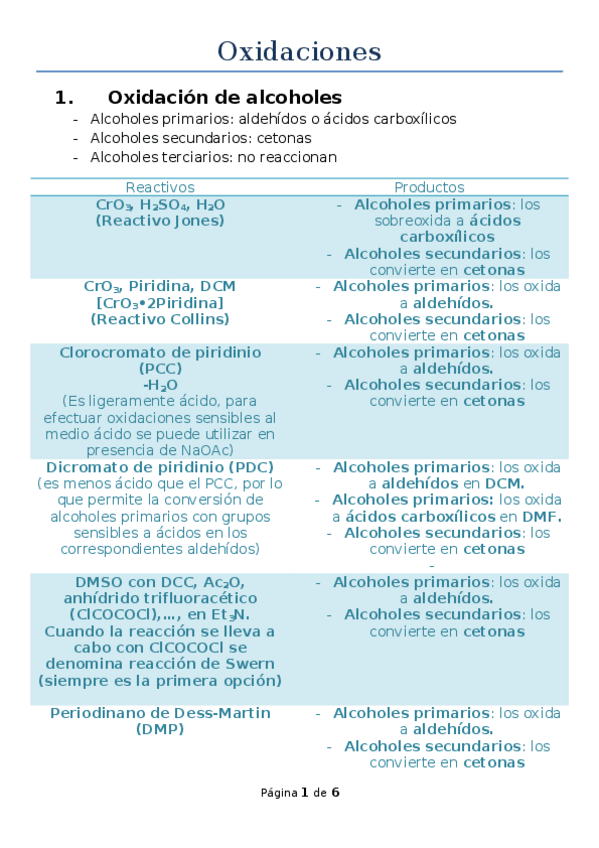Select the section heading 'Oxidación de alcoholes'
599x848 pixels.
coord(224,97)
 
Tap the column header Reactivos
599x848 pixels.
coord(160,187)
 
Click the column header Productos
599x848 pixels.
coord(429,187)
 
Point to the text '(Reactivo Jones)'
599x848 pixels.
coord(160,220)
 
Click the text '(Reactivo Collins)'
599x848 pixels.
coord(160,319)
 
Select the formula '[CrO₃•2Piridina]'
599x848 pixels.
coord(160,302)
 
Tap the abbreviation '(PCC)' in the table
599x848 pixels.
coord(160,368)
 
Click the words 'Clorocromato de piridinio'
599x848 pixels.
coord(160,352)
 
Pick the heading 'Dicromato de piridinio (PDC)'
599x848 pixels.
coord(160,467)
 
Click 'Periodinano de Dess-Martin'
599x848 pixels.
coord(160,713)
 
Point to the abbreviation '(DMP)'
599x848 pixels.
coord(160,729)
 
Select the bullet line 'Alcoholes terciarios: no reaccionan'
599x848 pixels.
coord(213,157)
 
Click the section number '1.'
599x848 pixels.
coord(65,97)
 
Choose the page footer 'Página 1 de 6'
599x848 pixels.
coord(300,793)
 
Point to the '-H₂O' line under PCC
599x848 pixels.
coord(160,385)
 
